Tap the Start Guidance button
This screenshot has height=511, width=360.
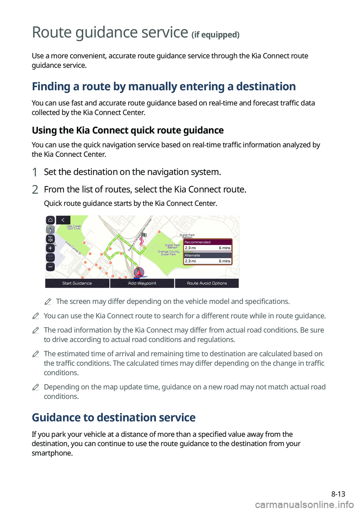tap(77, 283)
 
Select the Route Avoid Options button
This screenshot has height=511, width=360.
tap(207, 283)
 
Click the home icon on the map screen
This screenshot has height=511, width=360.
tap(50, 220)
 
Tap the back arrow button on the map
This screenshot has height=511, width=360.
tap(63, 220)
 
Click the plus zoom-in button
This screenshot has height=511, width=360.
tap(50, 248)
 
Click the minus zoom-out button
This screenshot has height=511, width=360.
tap(50, 267)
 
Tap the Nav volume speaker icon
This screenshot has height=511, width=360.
tap(50, 239)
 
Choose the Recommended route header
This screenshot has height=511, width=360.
tap(207, 242)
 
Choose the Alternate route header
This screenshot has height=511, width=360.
tap(207, 255)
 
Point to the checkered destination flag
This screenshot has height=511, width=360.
tap(143, 235)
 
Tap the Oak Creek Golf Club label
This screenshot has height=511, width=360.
tap(74, 227)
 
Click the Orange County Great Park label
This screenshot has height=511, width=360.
tap(168, 253)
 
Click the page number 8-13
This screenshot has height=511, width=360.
tap(338, 494)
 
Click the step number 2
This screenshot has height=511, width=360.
tap(35, 189)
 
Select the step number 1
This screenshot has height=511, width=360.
tap(35, 172)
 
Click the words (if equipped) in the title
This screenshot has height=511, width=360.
tap(215, 35)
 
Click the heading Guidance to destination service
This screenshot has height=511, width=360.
tap(114, 418)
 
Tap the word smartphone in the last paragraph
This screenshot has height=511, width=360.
tap(52, 453)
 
